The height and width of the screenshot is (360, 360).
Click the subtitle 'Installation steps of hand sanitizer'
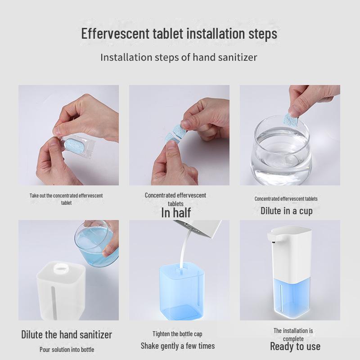[179, 58]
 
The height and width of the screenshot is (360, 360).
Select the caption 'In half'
[175, 213]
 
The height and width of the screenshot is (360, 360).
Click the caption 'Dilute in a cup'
[286, 210]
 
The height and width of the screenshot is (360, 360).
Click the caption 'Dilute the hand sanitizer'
[67, 334]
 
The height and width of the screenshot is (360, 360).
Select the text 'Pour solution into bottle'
[67, 349]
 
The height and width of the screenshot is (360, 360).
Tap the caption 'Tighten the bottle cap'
[177, 334]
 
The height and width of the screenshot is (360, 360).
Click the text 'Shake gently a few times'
[177, 346]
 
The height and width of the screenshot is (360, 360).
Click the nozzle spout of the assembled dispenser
[272, 237]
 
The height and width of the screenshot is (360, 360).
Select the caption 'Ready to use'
[295, 346]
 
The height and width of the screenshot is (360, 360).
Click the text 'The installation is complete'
[293, 334]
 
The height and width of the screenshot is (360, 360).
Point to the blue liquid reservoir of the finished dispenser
[292, 295]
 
